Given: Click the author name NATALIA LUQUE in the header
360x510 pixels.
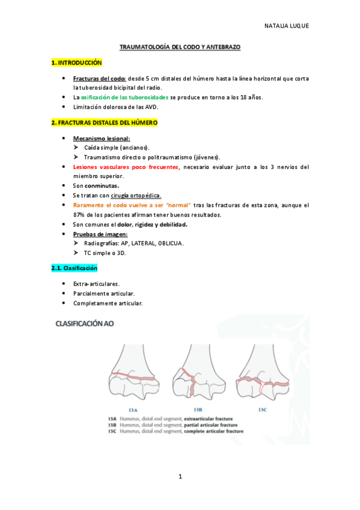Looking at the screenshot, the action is tap(286, 26).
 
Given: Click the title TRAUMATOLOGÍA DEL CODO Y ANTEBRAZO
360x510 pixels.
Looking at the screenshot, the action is tap(180, 46).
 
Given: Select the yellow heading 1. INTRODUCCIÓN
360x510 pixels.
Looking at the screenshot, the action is tap(77, 63).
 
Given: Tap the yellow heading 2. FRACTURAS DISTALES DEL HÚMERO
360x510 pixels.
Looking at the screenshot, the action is tap(104, 123).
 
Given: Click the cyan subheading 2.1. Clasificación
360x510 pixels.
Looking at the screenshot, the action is tap(74, 268).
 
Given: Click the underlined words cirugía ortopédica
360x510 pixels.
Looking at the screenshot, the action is tap(133, 195).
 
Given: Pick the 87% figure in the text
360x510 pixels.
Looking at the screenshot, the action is tap(78, 215).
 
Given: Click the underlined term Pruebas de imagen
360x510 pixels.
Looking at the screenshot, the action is tap(97, 234).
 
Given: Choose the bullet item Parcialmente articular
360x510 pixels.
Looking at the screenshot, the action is tap(103, 293).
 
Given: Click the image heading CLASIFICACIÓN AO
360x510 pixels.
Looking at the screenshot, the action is tap(84, 324).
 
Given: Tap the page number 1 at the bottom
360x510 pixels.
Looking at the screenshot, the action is tap(180, 477).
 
